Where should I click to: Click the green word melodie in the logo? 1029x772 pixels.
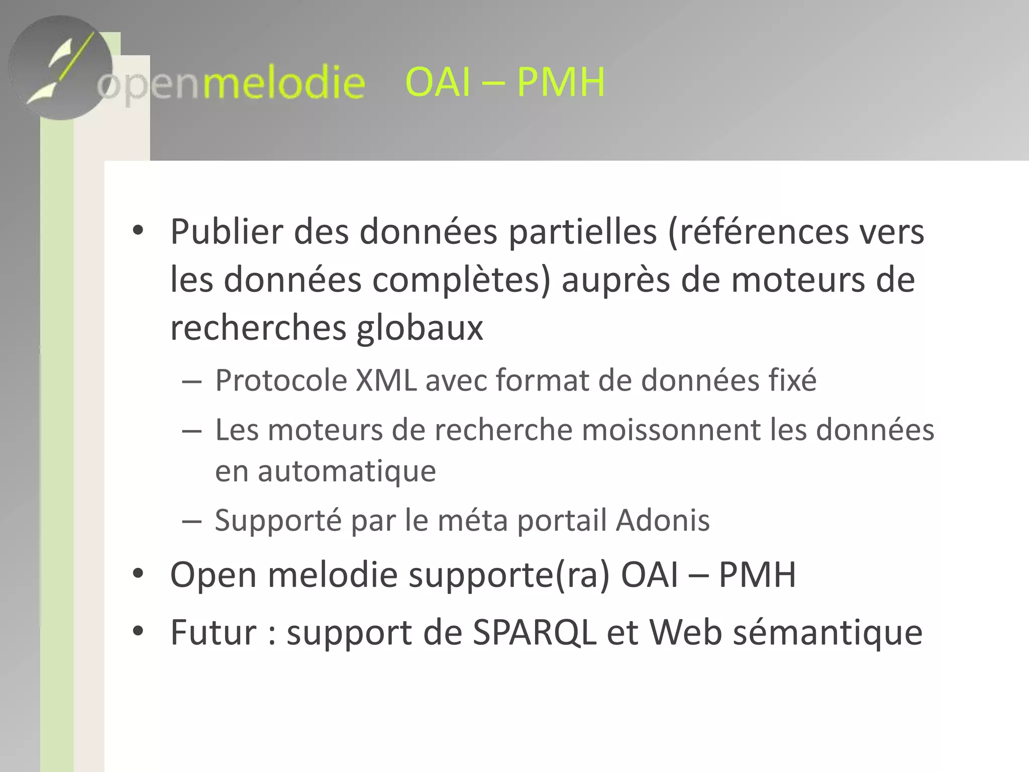pos(283,83)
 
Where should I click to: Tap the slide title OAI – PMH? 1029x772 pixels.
pos(505,82)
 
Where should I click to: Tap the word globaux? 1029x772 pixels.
pos(420,328)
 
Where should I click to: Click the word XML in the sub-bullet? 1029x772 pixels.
pos(386,380)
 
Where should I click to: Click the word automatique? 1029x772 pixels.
pos(347,471)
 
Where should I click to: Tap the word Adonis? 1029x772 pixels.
pos(663,520)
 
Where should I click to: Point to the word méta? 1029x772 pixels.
pos(473,520)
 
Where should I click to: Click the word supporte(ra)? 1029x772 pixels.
pos(509,575)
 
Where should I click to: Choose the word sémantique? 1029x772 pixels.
pos(828,632)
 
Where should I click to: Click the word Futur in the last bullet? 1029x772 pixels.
pos(214,632)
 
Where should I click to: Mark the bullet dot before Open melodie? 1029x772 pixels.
pos(138,573)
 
